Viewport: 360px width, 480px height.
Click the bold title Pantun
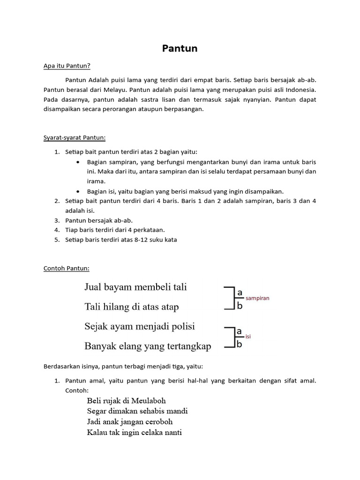[180, 48]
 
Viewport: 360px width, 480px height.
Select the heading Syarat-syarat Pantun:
[75, 137]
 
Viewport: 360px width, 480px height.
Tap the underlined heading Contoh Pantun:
[66, 268]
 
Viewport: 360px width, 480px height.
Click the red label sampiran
[257, 298]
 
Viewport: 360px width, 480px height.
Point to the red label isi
[248, 337]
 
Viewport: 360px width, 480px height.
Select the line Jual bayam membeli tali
[135, 287]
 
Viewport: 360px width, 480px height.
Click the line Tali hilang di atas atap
[132, 307]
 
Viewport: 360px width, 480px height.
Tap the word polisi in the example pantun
[183, 326]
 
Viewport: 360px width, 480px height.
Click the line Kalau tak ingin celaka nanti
[134, 432]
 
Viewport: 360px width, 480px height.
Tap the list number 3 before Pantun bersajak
[57, 220]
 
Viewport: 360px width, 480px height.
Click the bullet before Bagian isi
[78, 191]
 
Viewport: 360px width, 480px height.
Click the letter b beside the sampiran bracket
[240, 307]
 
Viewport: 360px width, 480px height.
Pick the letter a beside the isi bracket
[239, 332]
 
